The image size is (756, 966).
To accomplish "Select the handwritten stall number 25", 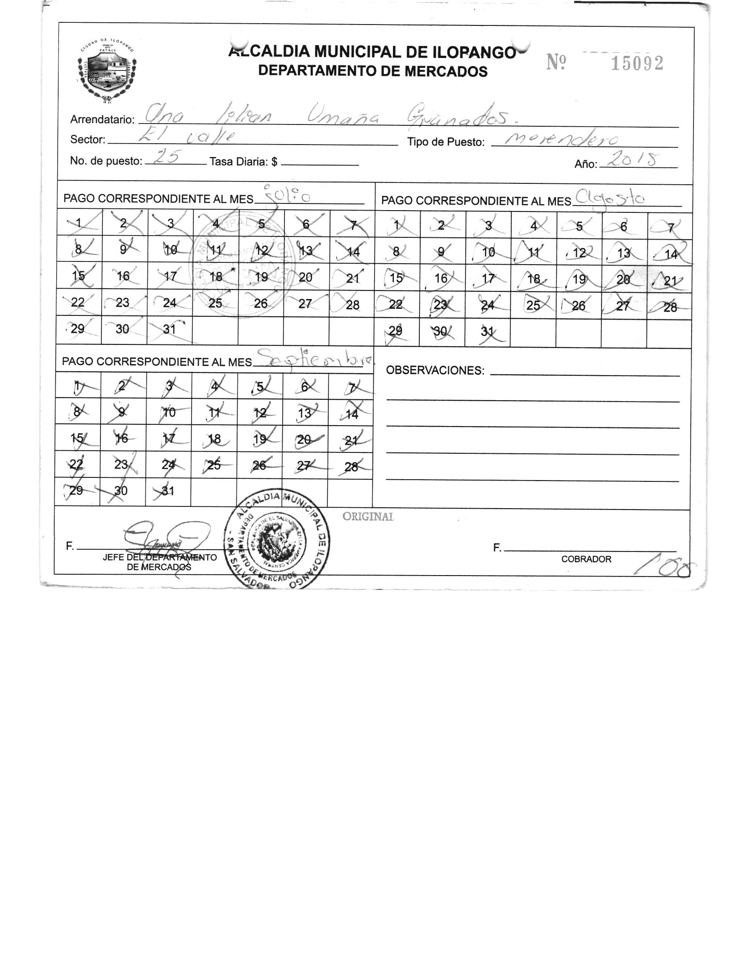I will click(162, 157).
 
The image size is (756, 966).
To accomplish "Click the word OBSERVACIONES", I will click(435, 370).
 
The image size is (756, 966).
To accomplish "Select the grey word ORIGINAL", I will click(368, 517).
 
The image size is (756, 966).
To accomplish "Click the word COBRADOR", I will click(586, 559).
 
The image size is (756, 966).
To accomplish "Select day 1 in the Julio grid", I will click(79, 223).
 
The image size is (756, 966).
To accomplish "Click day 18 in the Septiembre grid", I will click(214, 439).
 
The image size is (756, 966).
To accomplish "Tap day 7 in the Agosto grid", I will click(670, 227).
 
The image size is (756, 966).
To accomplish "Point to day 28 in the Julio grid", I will click(352, 305).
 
